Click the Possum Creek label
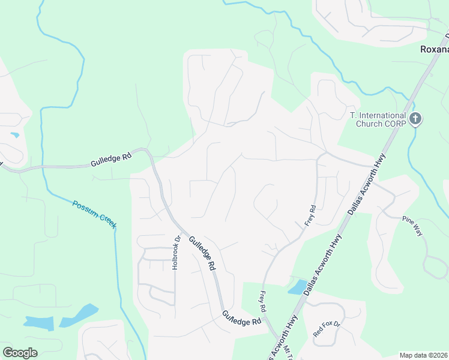94,214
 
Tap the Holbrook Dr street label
176,252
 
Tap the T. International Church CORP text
378,119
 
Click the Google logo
20,353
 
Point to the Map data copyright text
423,355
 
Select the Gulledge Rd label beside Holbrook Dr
202,253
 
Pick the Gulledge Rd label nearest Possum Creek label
110,160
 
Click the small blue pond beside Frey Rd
297,287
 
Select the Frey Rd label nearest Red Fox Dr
262,302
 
